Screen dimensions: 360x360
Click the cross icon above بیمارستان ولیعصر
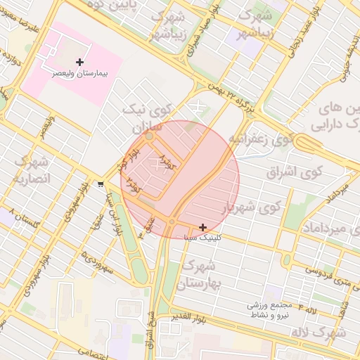pos(79,63)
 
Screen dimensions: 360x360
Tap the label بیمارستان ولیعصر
pos(79,72)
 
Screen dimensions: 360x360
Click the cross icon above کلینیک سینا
pos(203,227)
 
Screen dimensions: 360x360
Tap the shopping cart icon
pos(102,184)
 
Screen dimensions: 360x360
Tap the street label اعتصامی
pos(92,350)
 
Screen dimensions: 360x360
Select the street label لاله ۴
pos(310,309)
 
